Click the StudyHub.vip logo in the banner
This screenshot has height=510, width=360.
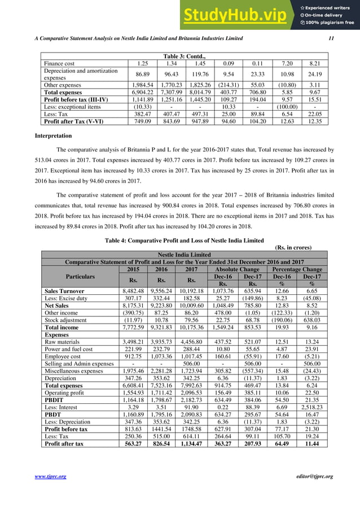click(x=239, y=15)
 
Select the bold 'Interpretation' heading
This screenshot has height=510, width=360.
click(x=53, y=136)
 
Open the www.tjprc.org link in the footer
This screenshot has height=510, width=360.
click(x=51, y=477)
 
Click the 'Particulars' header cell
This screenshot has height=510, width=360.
click(x=80, y=277)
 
